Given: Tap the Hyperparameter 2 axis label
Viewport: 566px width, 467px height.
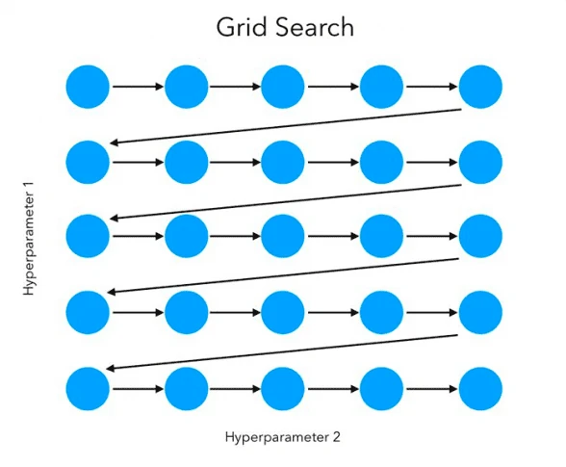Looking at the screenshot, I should click(x=283, y=436).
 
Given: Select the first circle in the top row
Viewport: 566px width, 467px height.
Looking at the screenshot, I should click(x=88, y=88).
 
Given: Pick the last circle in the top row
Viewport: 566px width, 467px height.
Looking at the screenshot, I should click(x=480, y=88).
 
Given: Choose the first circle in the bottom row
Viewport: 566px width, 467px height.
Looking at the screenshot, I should click(x=88, y=389).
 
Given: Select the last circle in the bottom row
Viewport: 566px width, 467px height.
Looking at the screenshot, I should click(x=480, y=389).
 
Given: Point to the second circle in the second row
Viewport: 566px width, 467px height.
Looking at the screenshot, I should click(x=186, y=162).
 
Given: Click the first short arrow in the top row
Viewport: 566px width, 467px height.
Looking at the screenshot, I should click(x=137, y=88).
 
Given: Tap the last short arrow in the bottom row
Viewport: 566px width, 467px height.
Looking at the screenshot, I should click(x=431, y=389).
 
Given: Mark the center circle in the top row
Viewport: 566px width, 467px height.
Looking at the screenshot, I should click(x=283, y=88).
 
